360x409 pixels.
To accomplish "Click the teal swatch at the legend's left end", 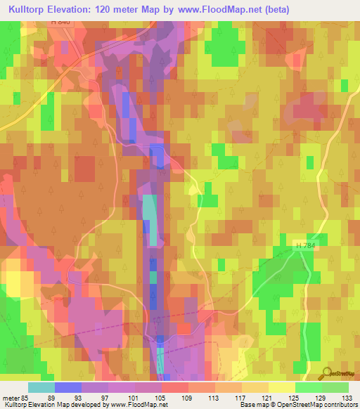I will [x=41, y=387].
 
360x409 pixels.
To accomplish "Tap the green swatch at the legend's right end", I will [x=335, y=387].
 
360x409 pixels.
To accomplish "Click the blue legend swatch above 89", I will [x=68, y=387].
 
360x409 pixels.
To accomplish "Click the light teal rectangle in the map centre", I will [x=150, y=219].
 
